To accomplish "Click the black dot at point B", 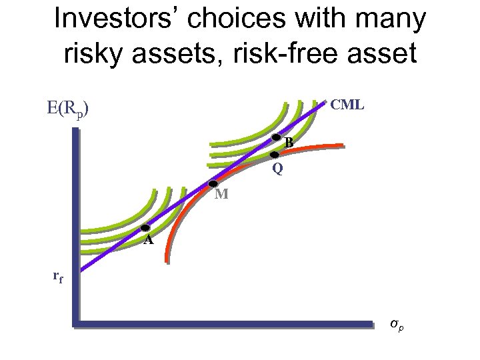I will [277, 137].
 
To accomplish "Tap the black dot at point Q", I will [273, 155].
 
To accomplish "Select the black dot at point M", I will [213, 184].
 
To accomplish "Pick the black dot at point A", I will [145, 228].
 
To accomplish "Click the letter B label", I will [289, 143].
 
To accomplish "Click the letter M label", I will [221, 195].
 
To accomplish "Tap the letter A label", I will [149, 240].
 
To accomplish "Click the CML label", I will [347, 105].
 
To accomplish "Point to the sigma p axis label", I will [397, 324].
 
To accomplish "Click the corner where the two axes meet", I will [75, 325].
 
